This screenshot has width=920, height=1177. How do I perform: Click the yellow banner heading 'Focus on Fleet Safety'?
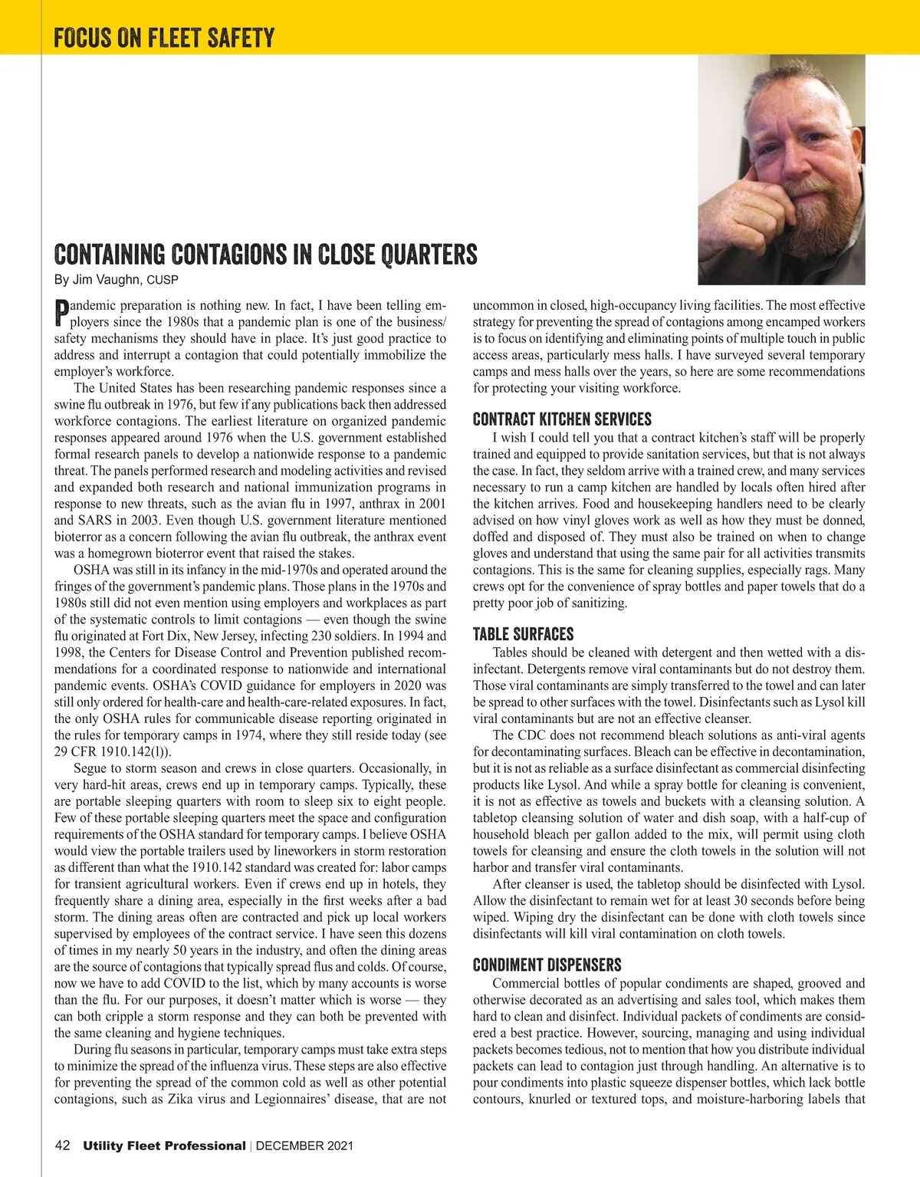(164, 37)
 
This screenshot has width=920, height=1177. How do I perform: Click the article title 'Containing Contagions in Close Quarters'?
(265, 254)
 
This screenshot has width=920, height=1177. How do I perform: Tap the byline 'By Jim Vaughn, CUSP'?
(116, 279)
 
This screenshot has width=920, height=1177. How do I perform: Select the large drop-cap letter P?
(61, 313)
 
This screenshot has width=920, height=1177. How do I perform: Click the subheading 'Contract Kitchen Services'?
(562, 419)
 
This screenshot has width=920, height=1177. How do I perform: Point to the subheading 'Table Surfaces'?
(523, 634)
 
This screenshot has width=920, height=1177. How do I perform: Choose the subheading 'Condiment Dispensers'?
(547, 965)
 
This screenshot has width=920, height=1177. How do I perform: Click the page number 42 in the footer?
(63, 1146)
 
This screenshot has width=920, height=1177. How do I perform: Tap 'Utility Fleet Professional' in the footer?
(164, 1146)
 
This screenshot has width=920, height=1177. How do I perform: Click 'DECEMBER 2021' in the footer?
(304, 1146)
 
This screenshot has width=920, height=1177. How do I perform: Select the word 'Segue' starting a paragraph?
(90, 768)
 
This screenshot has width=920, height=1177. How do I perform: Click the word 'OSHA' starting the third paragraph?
(90, 570)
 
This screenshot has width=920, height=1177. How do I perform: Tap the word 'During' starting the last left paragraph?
(91, 1049)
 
